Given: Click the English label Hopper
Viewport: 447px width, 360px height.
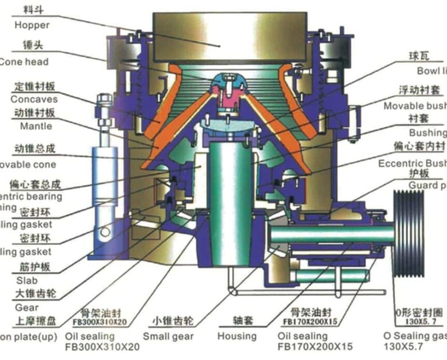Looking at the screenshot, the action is pyautogui.click(x=32, y=25).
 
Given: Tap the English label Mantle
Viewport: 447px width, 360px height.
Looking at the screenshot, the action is pyautogui.click(x=36, y=126).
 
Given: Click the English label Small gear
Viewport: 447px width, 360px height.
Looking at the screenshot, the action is pyautogui.click(x=168, y=336).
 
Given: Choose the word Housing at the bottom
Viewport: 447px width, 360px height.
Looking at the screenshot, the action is pyautogui.click(x=237, y=336).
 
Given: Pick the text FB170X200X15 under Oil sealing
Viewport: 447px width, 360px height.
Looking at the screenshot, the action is pyautogui.click(x=315, y=347).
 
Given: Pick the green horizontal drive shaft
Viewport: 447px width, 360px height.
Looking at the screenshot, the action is pyautogui.click(x=326, y=234).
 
